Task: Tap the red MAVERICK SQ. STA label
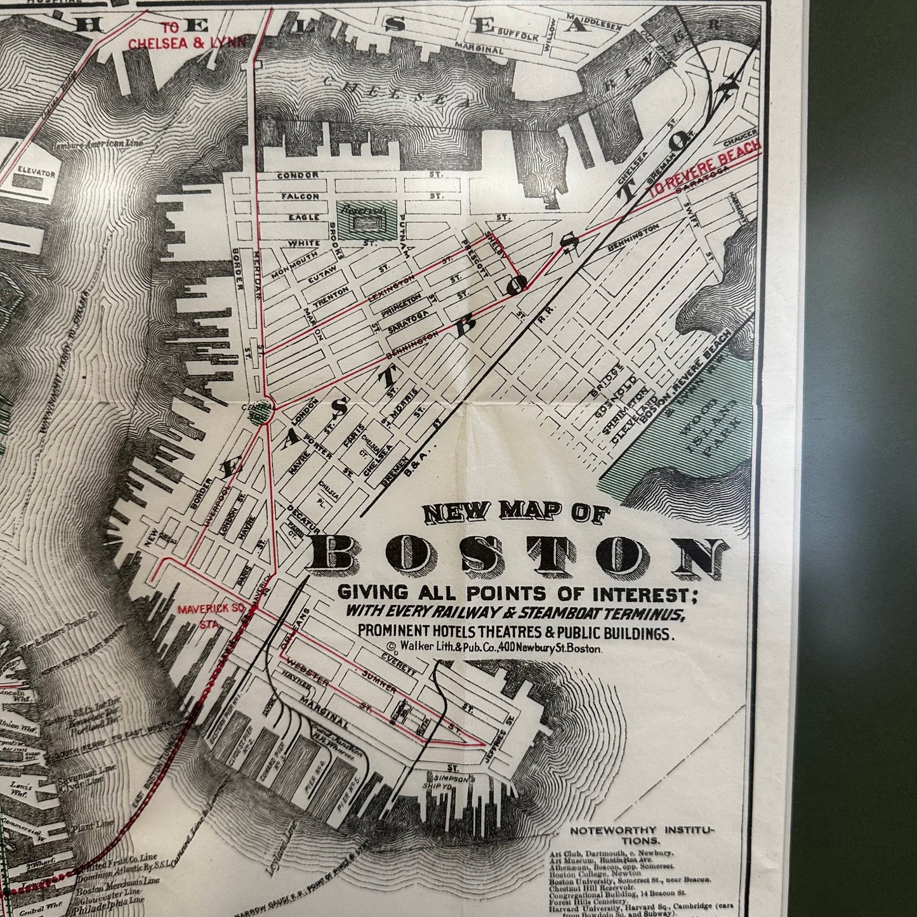point(202,613)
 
